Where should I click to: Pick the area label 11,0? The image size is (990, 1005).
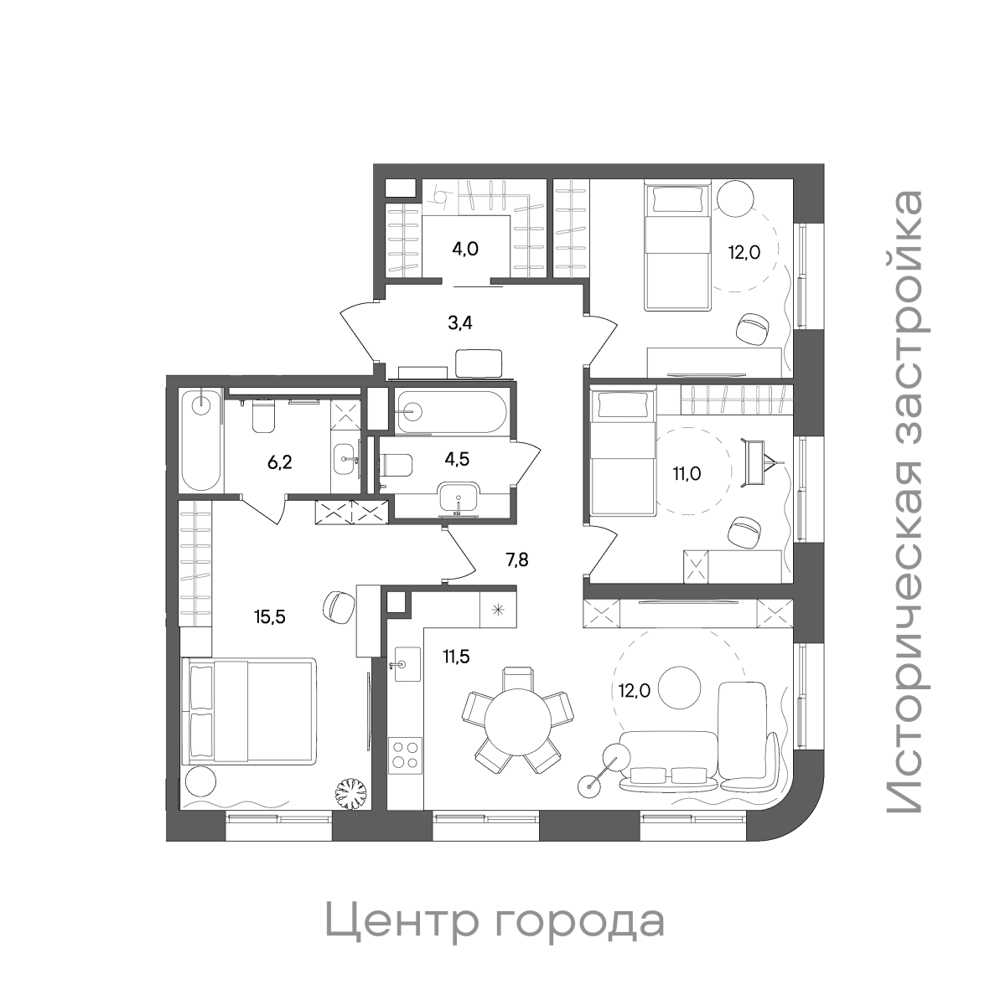pyautogui.click(x=687, y=473)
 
